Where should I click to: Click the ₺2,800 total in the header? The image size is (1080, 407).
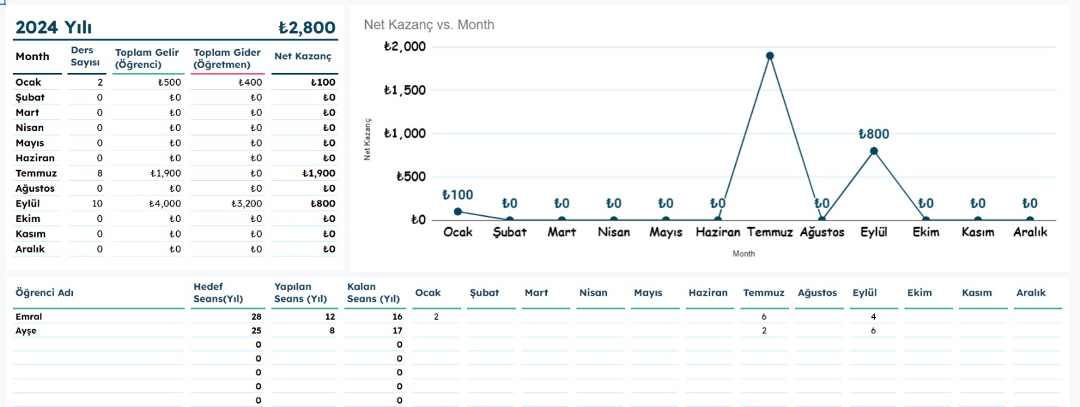click(x=306, y=28)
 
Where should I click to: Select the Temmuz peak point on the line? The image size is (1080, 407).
click(x=769, y=56)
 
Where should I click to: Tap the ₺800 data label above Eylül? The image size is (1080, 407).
click(x=873, y=134)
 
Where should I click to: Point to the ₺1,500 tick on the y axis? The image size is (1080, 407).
click(x=405, y=90)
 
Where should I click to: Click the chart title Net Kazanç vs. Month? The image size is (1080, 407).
click(x=429, y=25)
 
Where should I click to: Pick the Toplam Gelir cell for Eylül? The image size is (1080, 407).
click(x=165, y=204)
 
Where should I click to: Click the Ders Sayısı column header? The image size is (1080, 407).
click(x=85, y=57)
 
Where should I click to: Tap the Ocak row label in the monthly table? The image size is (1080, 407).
click(x=28, y=82)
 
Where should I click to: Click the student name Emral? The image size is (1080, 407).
click(x=29, y=317)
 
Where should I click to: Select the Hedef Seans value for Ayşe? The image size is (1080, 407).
click(x=256, y=331)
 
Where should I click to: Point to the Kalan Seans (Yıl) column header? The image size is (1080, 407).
click(x=373, y=293)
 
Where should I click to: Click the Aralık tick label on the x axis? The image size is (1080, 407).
click(x=1030, y=232)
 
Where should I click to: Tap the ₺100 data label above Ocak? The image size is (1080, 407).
click(x=458, y=195)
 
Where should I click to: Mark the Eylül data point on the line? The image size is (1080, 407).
click(x=873, y=151)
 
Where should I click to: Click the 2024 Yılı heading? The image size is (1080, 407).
click(x=53, y=28)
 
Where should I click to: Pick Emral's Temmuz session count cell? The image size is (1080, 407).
click(x=763, y=317)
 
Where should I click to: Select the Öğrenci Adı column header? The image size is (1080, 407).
click(x=45, y=293)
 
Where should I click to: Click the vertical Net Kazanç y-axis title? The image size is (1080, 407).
click(x=367, y=140)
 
